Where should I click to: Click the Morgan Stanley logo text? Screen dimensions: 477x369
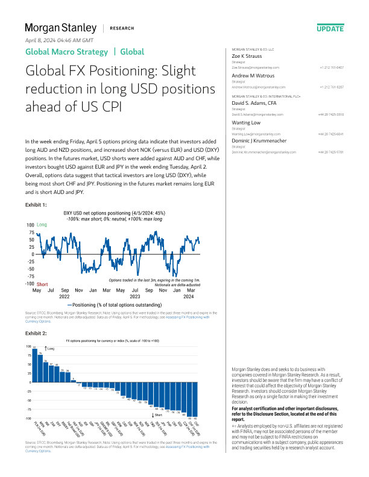60,28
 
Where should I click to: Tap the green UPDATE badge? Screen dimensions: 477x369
329,28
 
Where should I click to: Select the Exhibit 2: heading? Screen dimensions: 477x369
36,332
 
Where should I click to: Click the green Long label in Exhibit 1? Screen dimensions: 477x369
42,225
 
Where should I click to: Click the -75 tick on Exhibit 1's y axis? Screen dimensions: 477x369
30,276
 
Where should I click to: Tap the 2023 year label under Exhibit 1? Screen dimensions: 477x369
135,296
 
